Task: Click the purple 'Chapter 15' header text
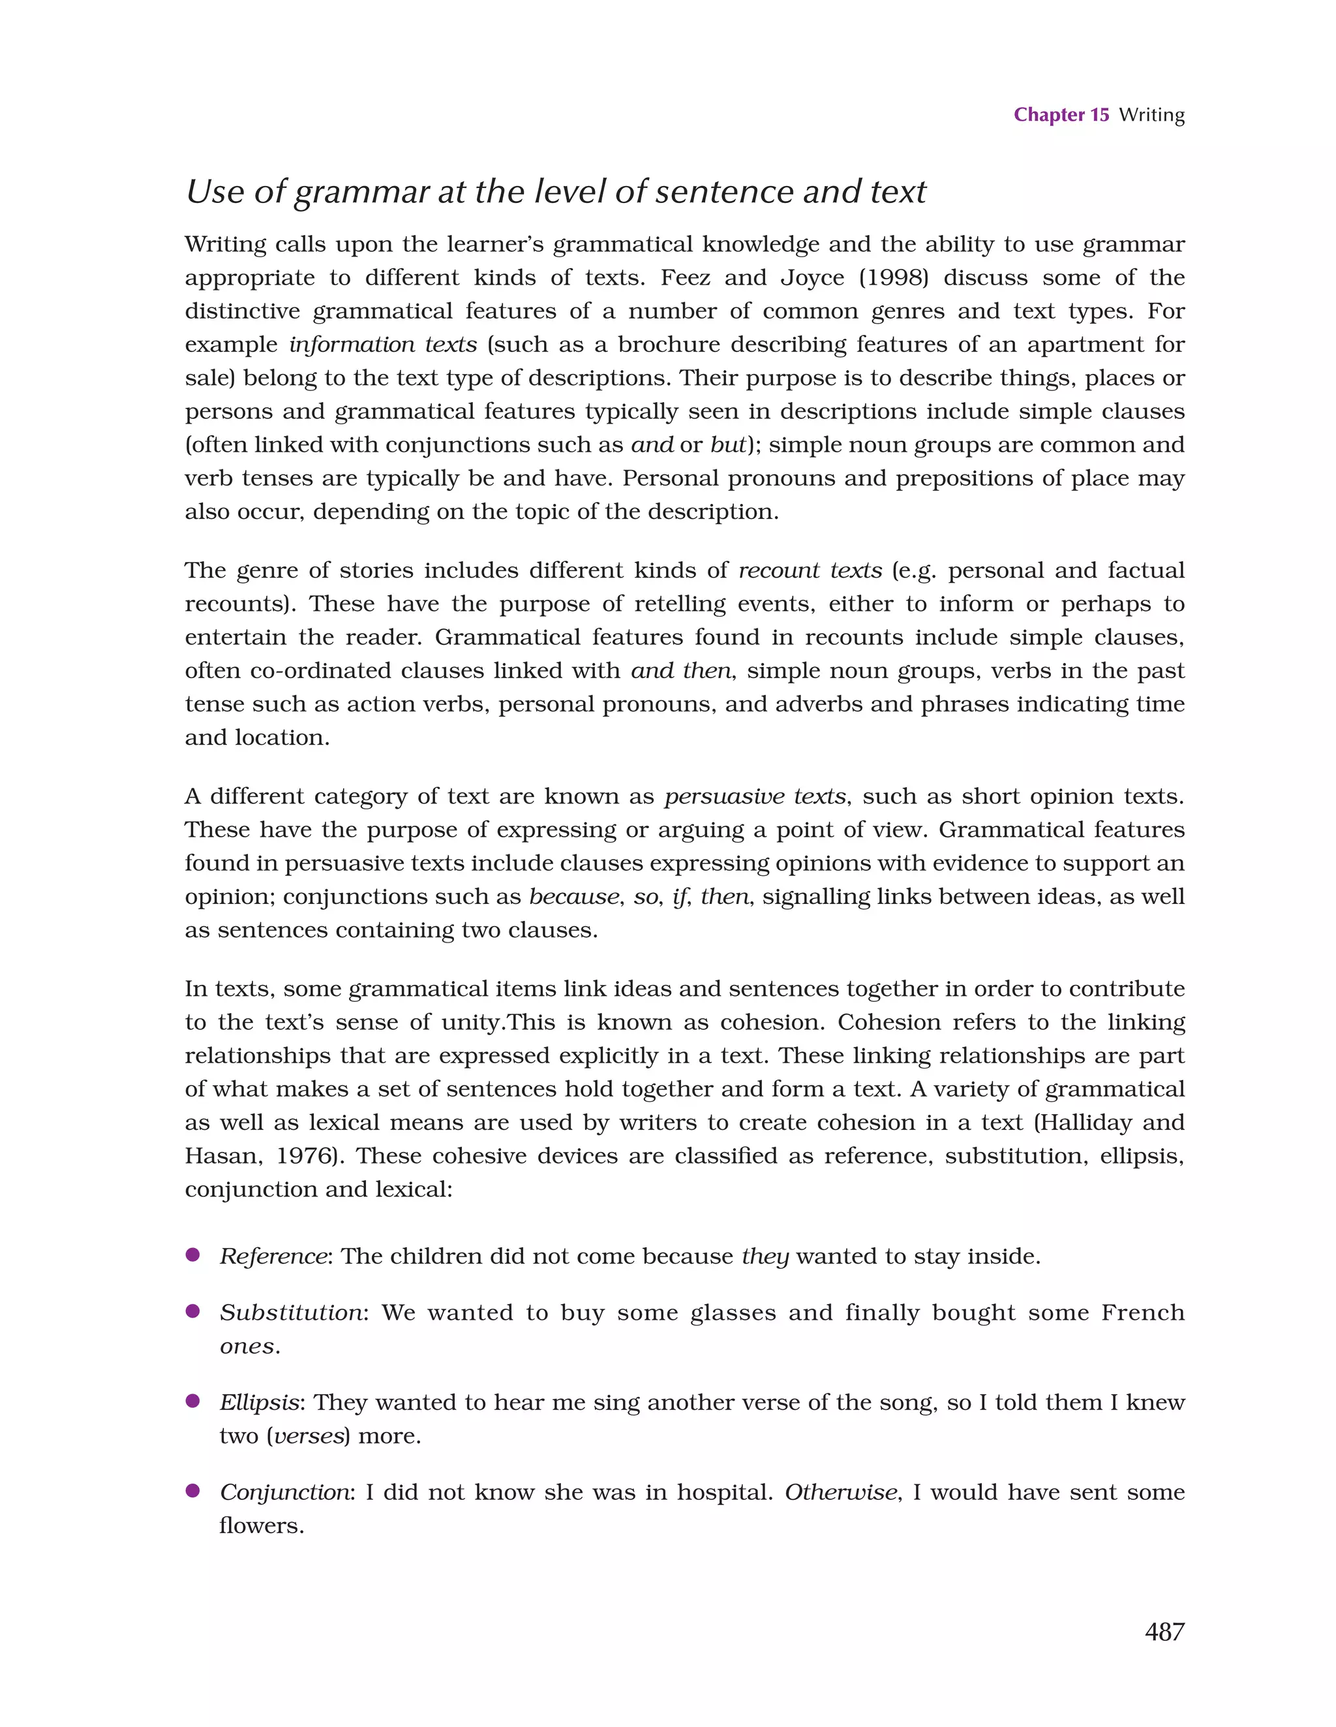pyautogui.click(x=1061, y=116)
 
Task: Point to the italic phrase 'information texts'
pyautogui.click(x=383, y=345)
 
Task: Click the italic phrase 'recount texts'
pyautogui.click(x=810, y=571)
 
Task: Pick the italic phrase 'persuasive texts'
pyautogui.click(x=754, y=796)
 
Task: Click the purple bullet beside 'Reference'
pyautogui.click(x=192, y=1255)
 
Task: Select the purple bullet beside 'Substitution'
pyautogui.click(x=192, y=1311)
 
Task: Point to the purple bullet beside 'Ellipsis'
pyautogui.click(x=192, y=1401)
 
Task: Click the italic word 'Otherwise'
pyautogui.click(x=840, y=1493)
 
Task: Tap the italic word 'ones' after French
pyautogui.click(x=247, y=1346)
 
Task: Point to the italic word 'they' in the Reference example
pyautogui.click(x=765, y=1257)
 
